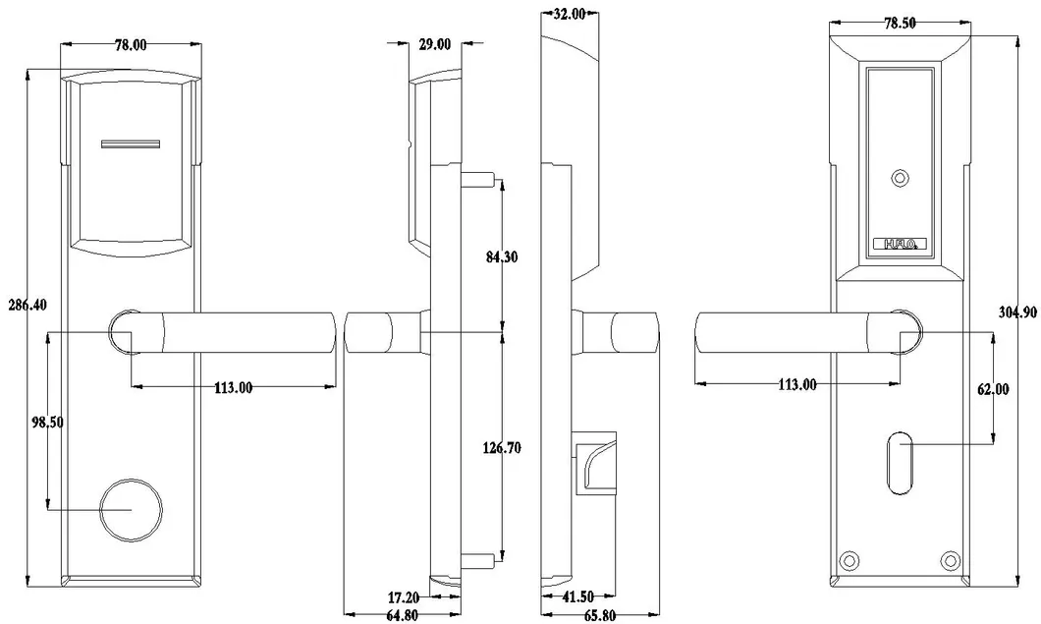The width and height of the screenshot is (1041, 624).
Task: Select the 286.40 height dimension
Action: tap(27, 305)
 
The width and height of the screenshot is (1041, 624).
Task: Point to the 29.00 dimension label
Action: tap(435, 44)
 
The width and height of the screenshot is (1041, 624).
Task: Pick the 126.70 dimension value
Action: tap(502, 448)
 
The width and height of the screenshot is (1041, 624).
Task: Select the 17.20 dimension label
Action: tap(405, 596)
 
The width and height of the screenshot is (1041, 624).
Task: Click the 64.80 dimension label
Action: tap(405, 616)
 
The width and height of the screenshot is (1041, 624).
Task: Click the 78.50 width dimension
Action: tap(896, 24)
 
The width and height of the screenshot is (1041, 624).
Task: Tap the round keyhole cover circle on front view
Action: tap(130, 510)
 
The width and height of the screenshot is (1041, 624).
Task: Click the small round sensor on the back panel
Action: tap(897, 179)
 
